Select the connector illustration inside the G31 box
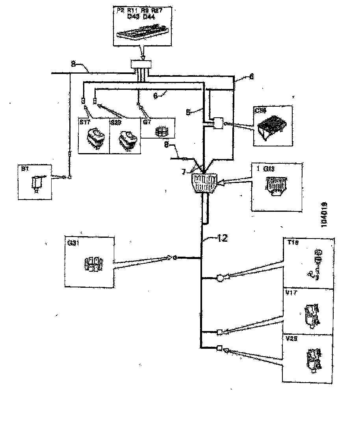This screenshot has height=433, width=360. tap(94, 264)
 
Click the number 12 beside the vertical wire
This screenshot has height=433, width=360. tap(222, 239)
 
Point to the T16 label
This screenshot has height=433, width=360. tap(293, 243)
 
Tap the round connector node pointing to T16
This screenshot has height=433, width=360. tap(220, 278)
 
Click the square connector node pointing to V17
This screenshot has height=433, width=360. tap(220, 332)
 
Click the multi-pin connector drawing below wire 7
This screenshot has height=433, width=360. tap(204, 183)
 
